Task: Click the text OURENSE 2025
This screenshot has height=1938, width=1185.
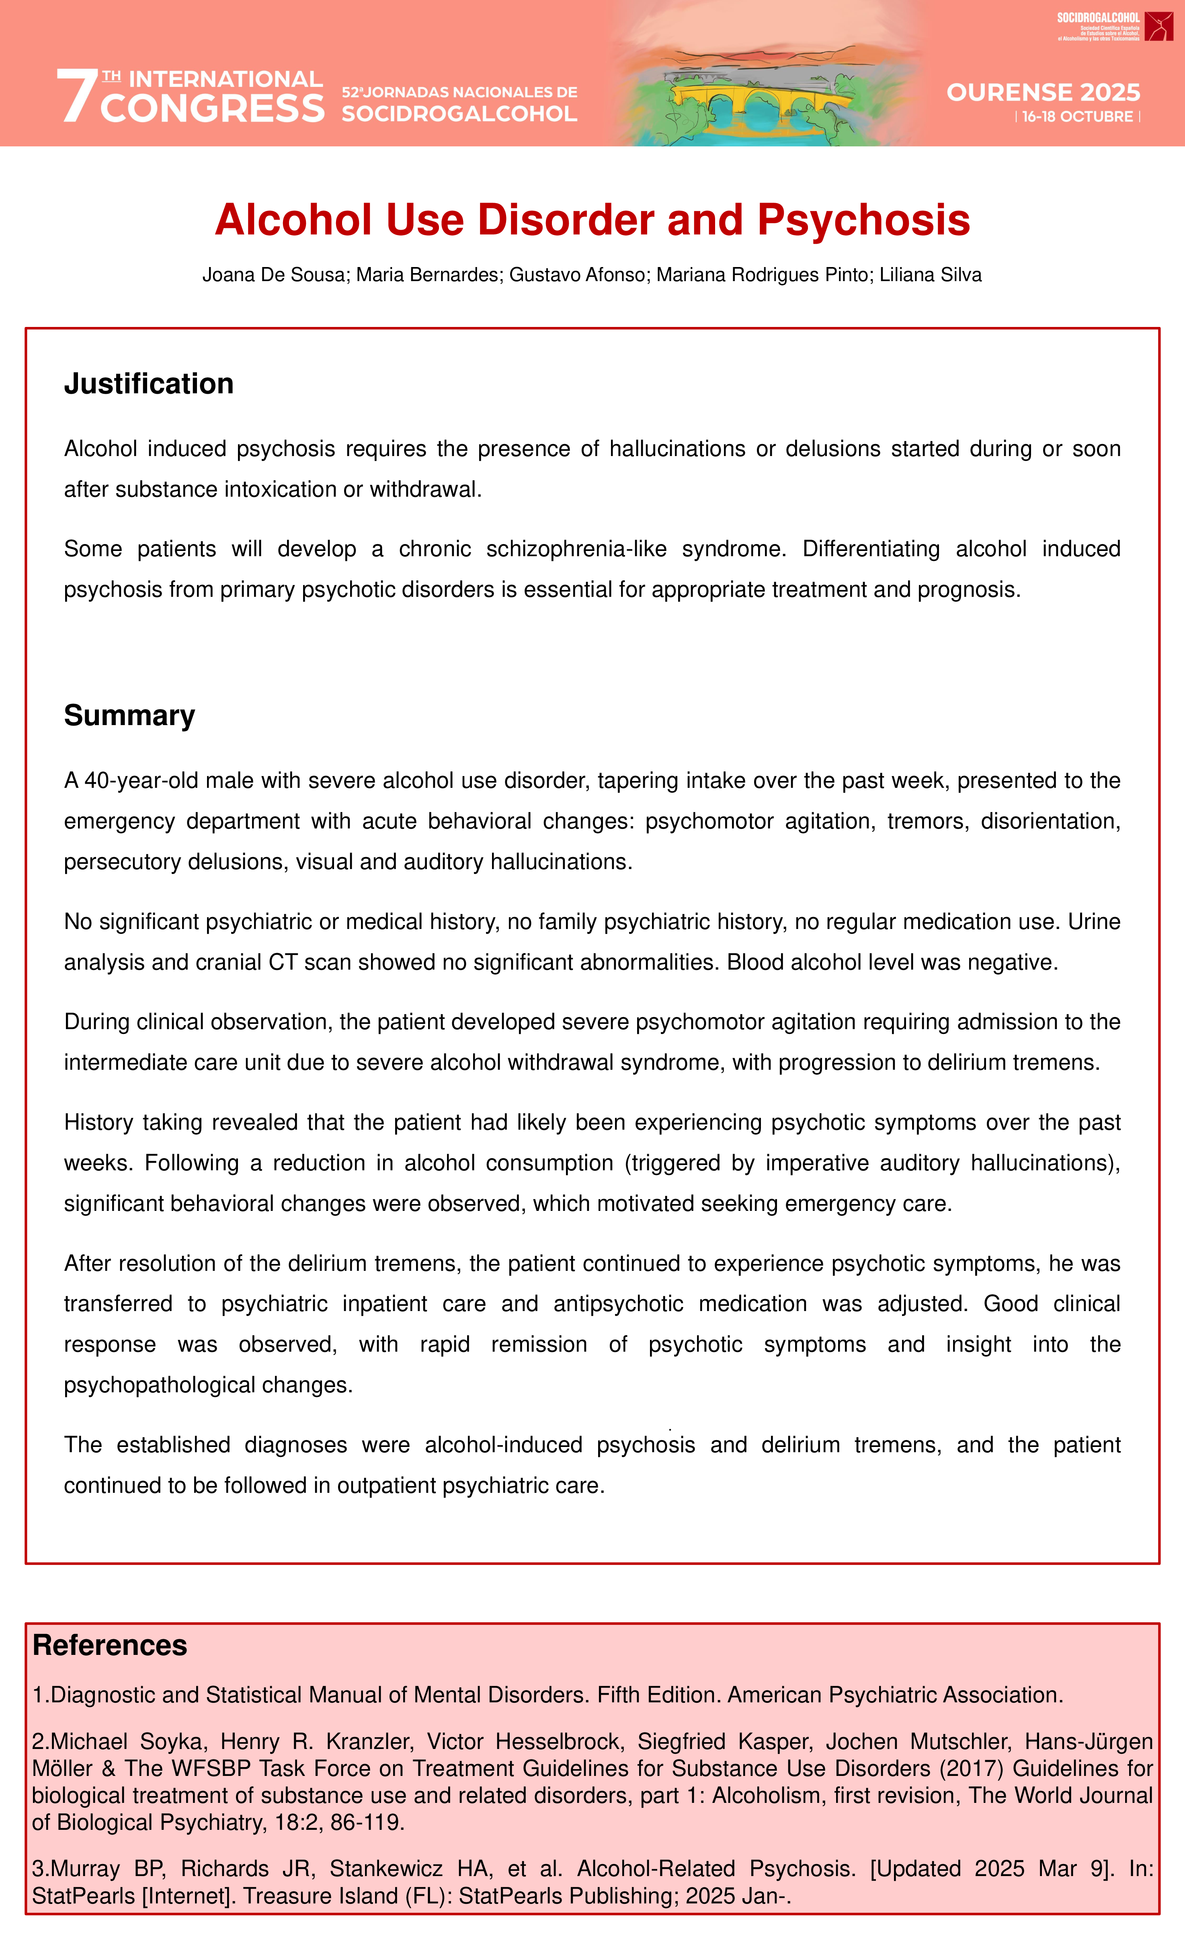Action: [x=1043, y=93]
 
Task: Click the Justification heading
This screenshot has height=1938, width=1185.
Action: [x=149, y=384]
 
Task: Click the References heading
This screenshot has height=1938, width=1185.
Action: [x=109, y=1645]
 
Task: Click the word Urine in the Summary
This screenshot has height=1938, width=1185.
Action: [x=1094, y=922]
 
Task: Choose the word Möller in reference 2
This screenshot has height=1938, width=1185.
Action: [x=63, y=1769]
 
